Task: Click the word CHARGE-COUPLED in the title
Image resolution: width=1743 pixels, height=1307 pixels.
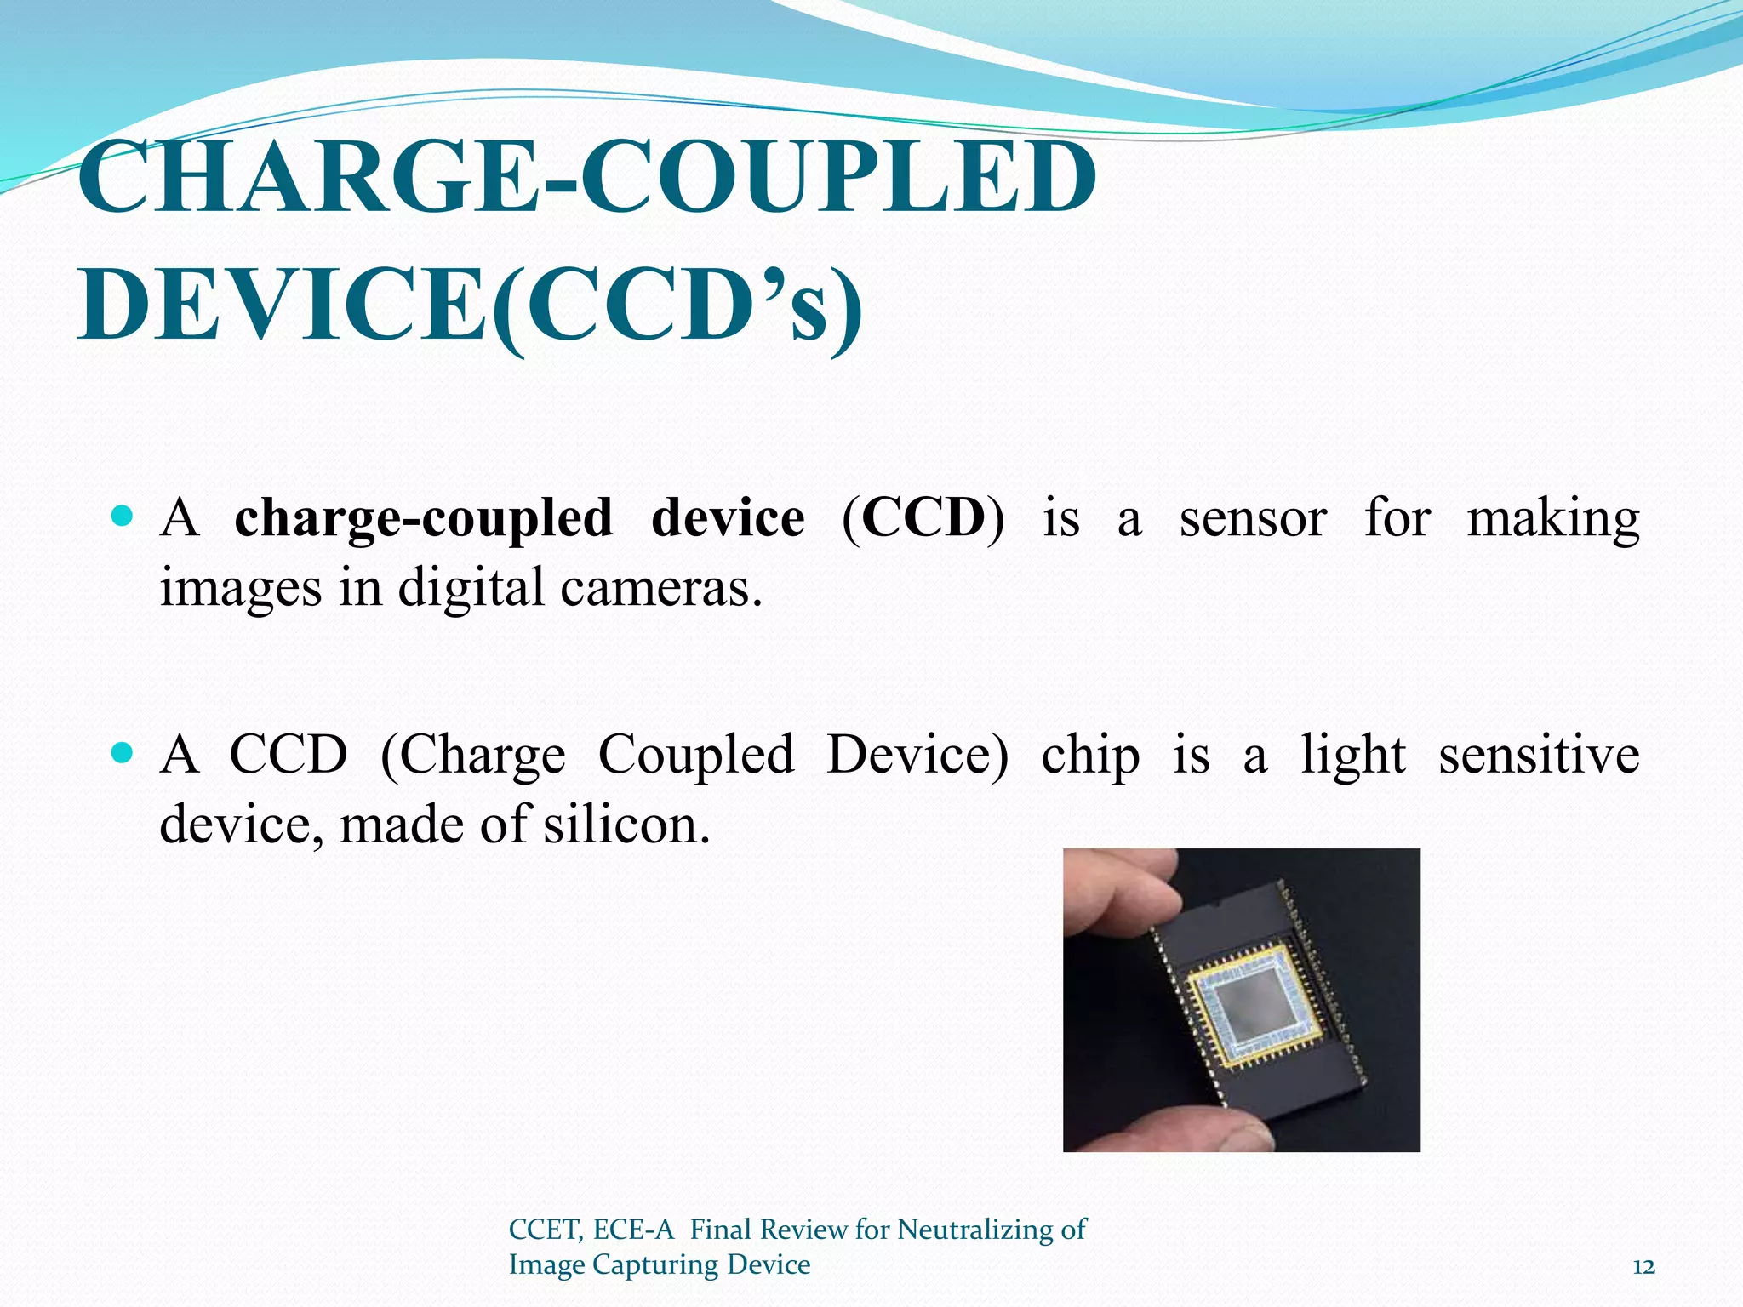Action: pos(587,179)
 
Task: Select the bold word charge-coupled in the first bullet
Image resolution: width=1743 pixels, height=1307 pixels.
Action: pos(423,519)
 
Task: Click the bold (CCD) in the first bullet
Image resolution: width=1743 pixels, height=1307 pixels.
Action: pos(923,517)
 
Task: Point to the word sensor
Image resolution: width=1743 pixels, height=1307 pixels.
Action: pos(1253,519)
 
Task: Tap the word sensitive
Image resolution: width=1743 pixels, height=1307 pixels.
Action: pos(1539,754)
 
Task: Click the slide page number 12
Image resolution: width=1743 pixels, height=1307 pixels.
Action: pos(1644,1267)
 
